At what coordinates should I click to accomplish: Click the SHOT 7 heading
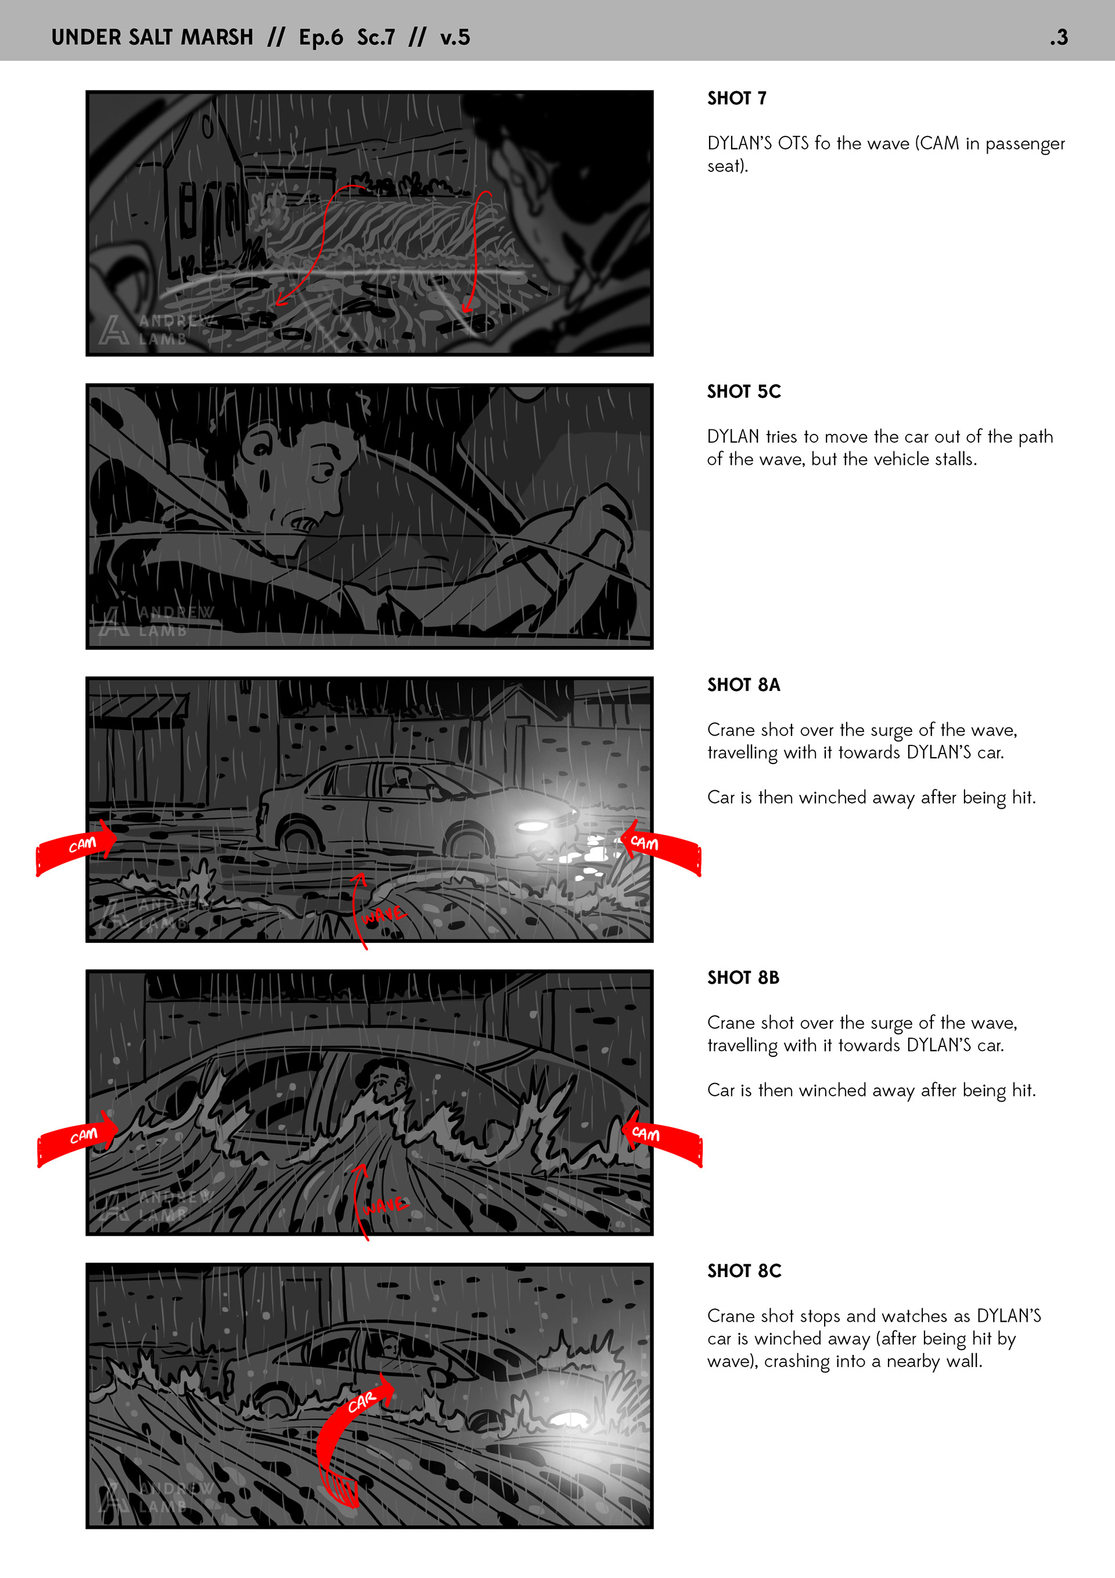click(x=736, y=98)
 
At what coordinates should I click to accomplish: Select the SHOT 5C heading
click(x=744, y=392)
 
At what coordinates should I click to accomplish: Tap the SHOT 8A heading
click(x=744, y=684)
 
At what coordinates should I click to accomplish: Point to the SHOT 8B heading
click(x=743, y=977)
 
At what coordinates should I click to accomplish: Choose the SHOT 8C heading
click(x=744, y=1271)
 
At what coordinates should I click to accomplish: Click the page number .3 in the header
click(x=1059, y=37)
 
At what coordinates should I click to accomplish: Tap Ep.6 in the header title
click(x=321, y=37)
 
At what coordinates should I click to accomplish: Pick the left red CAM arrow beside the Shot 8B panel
click(x=77, y=1139)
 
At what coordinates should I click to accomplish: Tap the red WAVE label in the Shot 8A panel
click(x=383, y=914)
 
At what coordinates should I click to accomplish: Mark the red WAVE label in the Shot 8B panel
click(x=384, y=1205)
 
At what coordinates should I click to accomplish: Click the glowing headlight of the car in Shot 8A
click(x=533, y=825)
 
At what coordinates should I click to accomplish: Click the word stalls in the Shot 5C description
click(x=955, y=459)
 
